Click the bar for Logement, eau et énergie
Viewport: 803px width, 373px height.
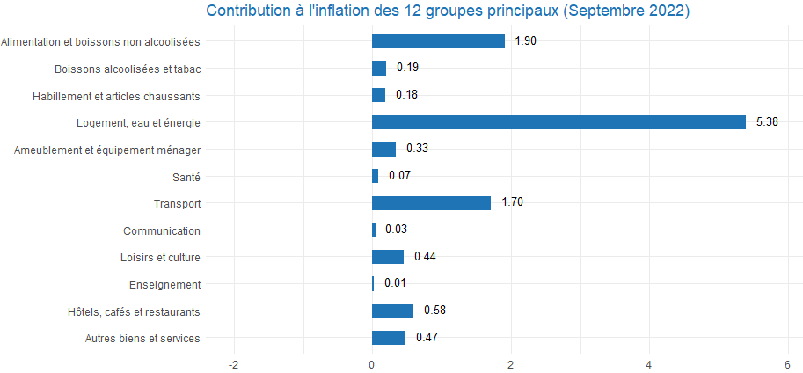pos(558,122)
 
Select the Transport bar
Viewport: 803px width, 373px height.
pos(431,203)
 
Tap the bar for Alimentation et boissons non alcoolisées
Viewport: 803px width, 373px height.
pos(438,41)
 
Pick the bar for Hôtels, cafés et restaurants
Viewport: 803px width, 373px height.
pos(392,311)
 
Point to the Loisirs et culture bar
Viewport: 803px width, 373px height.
pos(387,257)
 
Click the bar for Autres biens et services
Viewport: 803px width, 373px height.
pos(388,338)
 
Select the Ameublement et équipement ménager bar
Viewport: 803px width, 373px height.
pos(383,149)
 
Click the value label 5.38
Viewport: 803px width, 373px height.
pos(767,122)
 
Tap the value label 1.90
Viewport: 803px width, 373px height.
pos(526,41)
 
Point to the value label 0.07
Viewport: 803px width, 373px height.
pos(399,176)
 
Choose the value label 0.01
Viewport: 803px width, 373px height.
pos(395,284)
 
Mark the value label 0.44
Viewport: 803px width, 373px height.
pos(425,257)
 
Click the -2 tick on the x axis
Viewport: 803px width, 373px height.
pos(233,363)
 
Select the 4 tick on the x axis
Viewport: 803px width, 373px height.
pos(649,363)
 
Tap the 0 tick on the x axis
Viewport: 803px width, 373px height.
pos(372,363)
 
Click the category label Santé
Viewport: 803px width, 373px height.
pos(186,177)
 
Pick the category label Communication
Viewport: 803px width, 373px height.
pos(162,231)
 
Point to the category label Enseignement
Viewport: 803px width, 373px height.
pos(164,285)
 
